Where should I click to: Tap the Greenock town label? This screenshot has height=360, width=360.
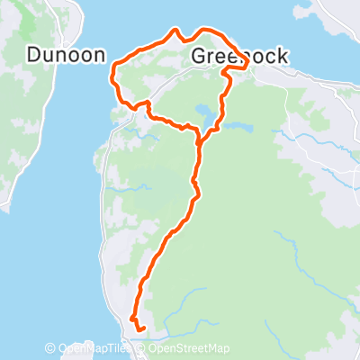pyautogui.click(x=240, y=57)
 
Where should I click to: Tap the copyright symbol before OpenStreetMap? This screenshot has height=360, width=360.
pyautogui.click(x=144, y=349)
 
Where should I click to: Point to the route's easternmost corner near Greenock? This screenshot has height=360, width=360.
pyautogui.click(x=247, y=66)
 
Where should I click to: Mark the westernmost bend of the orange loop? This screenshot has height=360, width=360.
pyautogui.click(x=111, y=72)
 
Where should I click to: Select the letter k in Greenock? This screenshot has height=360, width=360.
pyautogui.click(x=283, y=57)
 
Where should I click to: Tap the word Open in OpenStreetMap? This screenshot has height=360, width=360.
pyautogui.click(x=164, y=349)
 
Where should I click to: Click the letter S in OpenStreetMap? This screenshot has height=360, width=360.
pyautogui.click(x=182, y=349)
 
